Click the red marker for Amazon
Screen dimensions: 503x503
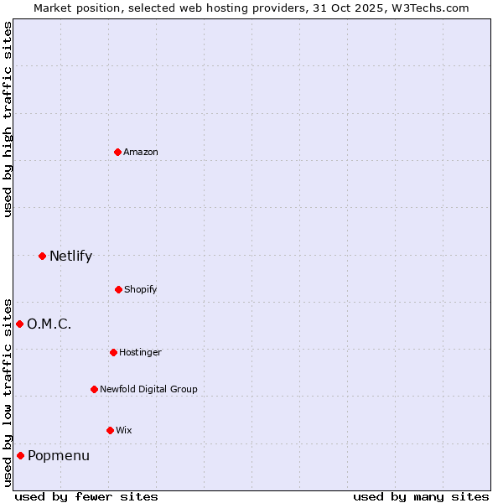tap(118, 152)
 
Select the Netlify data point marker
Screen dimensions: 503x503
tap(42, 256)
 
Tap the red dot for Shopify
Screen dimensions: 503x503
tap(118, 289)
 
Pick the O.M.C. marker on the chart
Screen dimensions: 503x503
tap(19, 324)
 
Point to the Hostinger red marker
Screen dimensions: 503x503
tap(113, 352)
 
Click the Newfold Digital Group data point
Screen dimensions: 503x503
tap(94, 389)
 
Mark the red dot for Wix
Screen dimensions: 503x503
tap(110, 430)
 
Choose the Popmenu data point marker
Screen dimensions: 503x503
tap(20, 455)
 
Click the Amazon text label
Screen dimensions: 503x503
tap(141, 152)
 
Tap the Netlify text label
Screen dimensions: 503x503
tap(70, 256)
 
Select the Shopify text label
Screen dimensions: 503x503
tap(141, 289)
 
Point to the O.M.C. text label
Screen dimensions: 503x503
tap(49, 324)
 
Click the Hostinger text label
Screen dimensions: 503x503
tap(140, 352)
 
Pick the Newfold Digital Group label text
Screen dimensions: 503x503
tap(148, 389)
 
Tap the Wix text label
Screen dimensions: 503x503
tap(124, 430)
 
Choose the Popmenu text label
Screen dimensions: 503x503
tap(58, 455)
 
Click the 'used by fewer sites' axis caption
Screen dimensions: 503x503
tap(86, 496)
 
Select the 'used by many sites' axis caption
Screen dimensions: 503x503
tap(421, 496)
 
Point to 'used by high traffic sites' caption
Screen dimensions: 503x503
tap(8, 119)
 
